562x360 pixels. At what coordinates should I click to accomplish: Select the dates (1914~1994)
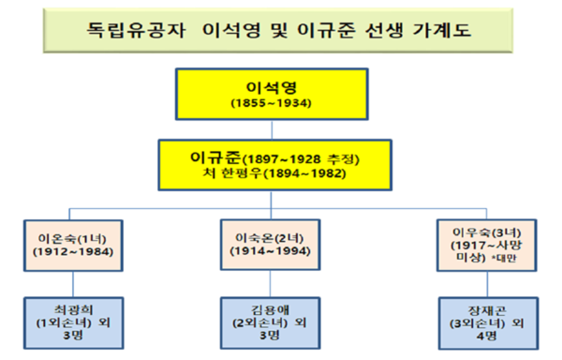(269, 250)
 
